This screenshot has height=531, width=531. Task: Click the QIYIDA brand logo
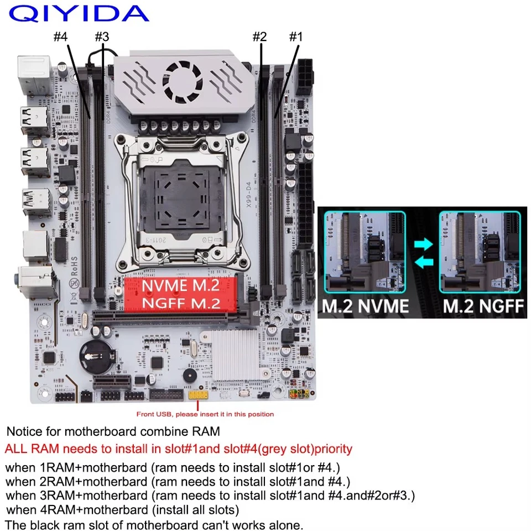(x=79, y=13)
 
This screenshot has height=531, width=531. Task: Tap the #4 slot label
(x=61, y=37)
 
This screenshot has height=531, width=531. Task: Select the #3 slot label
(x=102, y=37)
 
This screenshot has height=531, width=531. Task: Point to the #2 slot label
(x=259, y=37)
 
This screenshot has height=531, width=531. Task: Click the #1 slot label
(x=296, y=37)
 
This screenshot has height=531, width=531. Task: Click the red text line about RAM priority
(x=178, y=449)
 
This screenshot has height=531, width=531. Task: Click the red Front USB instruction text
(x=205, y=414)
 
